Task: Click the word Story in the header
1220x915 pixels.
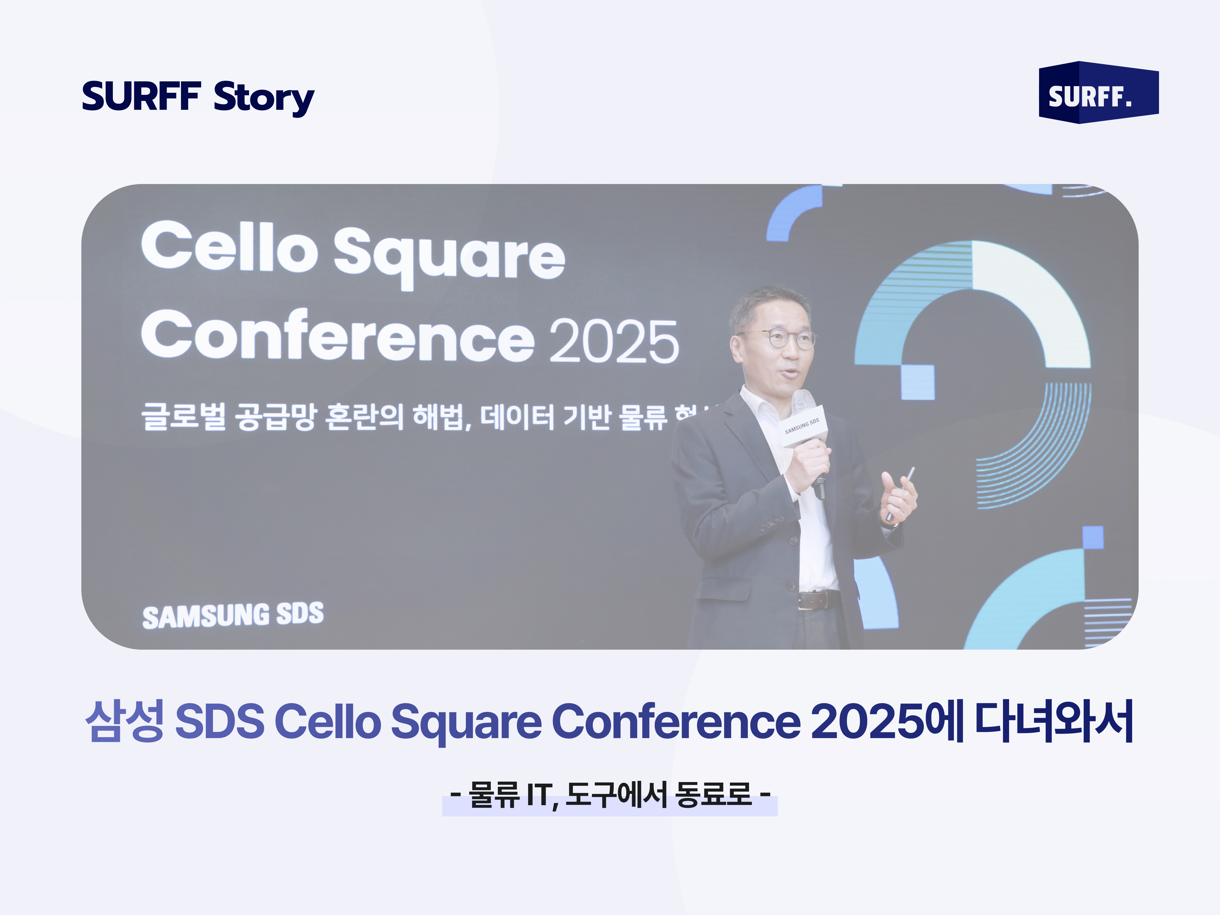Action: (x=264, y=98)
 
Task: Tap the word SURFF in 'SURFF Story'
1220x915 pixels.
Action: (x=141, y=97)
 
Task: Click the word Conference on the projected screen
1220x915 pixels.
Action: (x=338, y=337)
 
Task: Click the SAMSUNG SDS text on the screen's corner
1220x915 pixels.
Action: (x=233, y=615)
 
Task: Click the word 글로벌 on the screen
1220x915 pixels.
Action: (x=183, y=416)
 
